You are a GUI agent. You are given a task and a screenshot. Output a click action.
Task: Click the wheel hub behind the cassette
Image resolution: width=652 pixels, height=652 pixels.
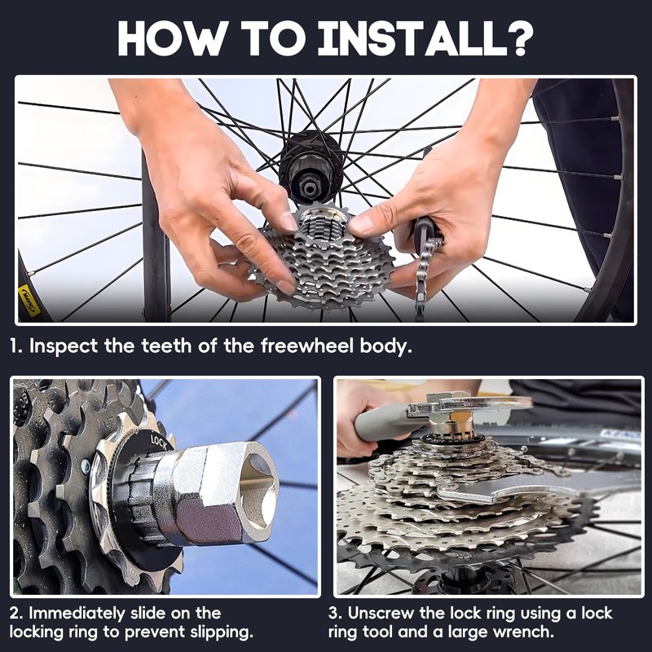pos(311,167)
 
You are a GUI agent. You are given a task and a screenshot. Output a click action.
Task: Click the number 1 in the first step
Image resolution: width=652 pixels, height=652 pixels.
pos(15,345)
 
